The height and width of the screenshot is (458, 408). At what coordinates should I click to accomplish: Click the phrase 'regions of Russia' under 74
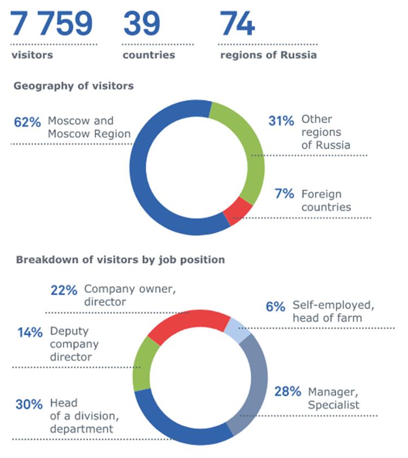[268, 55]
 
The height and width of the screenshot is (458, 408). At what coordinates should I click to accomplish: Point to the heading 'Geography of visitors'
[73, 86]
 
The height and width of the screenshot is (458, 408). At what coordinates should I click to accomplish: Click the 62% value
[27, 122]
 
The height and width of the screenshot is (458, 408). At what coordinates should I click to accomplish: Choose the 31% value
[281, 121]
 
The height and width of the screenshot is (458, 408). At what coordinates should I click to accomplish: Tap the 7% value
[284, 194]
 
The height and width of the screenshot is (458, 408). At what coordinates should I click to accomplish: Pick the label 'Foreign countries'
[326, 200]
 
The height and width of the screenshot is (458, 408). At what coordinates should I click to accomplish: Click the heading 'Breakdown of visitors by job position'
[120, 259]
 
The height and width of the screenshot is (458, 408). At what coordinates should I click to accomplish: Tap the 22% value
[64, 290]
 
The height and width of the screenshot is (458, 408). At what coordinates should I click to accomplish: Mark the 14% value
[29, 332]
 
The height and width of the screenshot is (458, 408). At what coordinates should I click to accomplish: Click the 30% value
[29, 404]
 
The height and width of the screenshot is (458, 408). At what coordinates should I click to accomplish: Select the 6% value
[275, 306]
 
